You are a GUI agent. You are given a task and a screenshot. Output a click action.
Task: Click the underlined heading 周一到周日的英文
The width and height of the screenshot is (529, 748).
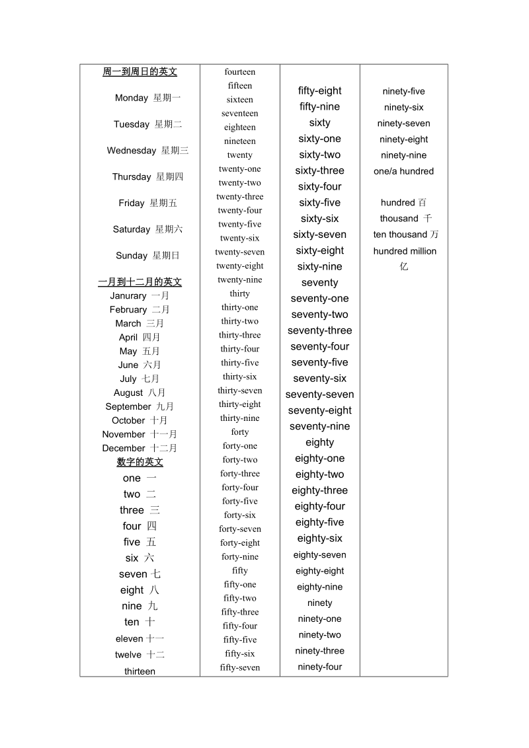tap(140, 72)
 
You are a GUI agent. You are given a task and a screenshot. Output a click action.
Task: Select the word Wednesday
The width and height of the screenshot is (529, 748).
tap(132, 151)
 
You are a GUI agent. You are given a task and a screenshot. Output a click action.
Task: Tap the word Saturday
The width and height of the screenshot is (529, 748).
tap(132, 229)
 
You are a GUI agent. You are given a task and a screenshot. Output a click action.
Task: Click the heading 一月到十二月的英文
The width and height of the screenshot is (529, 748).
tap(140, 282)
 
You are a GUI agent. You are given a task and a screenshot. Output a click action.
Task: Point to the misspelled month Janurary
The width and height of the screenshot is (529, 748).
tap(128, 296)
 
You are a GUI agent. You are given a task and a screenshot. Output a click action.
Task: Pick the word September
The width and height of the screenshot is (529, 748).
tap(128, 407)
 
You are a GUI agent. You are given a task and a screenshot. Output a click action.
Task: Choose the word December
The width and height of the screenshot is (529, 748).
tap(124, 449)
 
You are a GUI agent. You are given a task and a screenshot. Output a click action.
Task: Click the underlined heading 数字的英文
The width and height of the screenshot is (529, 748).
tap(140, 463)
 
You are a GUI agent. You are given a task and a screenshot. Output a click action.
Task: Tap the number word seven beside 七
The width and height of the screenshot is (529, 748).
tap(133, 574)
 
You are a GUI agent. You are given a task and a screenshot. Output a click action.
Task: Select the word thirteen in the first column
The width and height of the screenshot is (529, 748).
tap(140, 671)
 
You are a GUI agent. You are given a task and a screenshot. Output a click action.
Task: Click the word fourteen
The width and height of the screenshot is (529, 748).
tap(239, 72)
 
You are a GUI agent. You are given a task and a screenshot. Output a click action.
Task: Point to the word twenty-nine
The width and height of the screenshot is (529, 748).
tap(239, 280)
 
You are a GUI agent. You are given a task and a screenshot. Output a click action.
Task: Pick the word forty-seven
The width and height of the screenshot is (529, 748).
tap(239, 529)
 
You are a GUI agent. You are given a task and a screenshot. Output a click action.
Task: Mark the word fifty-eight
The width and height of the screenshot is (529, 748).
tap(319, 91)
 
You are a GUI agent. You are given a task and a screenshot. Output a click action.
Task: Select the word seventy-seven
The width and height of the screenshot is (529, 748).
tap(319, 394)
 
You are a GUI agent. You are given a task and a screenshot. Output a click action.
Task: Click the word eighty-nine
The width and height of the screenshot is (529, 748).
tap(319, 587)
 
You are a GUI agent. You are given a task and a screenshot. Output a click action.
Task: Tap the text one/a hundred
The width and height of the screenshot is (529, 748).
tap(403, 171)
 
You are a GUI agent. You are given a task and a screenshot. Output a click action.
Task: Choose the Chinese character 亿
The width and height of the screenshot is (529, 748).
tap(404, 266)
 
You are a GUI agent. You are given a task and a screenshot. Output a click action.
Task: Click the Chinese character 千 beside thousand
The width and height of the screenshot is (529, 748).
tap(428, 219)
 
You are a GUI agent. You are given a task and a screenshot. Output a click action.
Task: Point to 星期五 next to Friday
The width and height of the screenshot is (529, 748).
tap(163, 204)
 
